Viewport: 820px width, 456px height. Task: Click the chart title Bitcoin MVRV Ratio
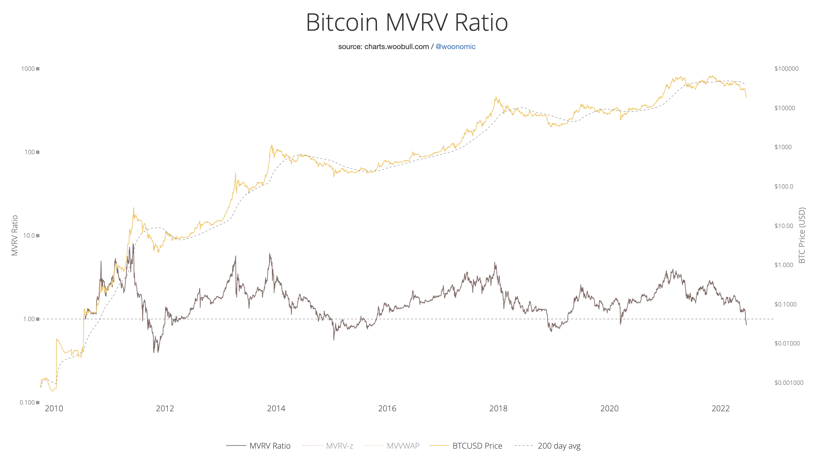tap(407, 23)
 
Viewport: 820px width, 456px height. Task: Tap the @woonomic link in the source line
tap(455, 47)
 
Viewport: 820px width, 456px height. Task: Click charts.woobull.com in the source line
tap(397, 47)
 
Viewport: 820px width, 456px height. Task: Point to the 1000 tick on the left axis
tap(28, 69)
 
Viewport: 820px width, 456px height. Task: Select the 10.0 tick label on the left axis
tap(29, 236)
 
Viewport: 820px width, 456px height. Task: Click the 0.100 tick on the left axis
tap(27, 403)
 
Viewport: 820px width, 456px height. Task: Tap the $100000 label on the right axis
tap(787, 69)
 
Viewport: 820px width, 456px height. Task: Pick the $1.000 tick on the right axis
tap(784, 265)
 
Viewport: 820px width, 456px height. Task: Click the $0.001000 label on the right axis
tap(789, 383)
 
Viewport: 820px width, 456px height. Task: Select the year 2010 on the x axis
tap(54, 409)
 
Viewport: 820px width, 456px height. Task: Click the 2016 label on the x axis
tap(387, 409)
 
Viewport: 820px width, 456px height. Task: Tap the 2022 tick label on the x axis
tap(721, 409)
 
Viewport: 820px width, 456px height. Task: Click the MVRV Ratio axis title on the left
tap(15, 236)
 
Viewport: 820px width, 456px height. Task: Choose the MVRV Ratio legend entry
tap(259, 446)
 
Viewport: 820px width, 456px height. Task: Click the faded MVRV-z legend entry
tap(328, 446)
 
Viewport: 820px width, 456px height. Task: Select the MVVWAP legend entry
tap(391, 446)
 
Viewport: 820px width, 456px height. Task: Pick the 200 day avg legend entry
tap(547, 446)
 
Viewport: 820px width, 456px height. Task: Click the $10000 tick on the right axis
tap(785, 108)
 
